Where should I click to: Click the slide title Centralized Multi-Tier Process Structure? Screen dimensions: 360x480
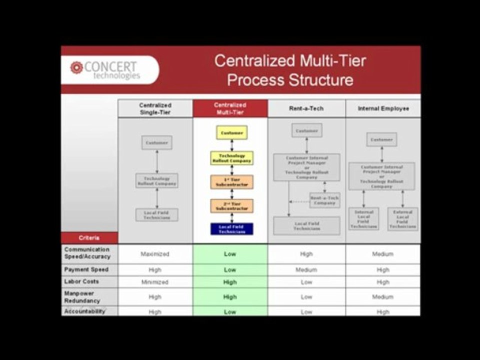coord(290,70)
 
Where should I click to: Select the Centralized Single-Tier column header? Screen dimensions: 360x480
coord(155,108)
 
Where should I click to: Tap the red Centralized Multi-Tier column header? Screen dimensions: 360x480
coord(230,108)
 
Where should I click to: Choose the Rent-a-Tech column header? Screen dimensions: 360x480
coord(306,108)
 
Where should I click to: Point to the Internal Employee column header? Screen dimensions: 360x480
coord(383,108)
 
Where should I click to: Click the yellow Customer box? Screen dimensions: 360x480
coord(231,133)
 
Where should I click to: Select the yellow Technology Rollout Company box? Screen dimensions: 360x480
coord(231,158)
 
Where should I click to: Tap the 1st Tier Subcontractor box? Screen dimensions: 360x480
coord(231,182)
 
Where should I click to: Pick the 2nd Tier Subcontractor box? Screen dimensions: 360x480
coord(231,205)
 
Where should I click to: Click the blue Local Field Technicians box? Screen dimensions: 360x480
coord(231,229)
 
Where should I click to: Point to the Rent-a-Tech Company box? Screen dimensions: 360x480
coord(324,200)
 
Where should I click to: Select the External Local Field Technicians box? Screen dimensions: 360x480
coord(402,219)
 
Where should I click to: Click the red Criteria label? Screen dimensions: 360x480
coord(89,237)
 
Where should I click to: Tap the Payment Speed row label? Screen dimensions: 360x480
coord(86,269)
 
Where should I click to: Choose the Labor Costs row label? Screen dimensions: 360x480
coord(81,281)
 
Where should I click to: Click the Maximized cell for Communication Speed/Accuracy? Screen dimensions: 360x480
coord(155,254)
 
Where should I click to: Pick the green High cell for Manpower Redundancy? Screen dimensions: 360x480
coord(230,297)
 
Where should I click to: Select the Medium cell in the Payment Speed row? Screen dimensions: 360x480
coord(306,270)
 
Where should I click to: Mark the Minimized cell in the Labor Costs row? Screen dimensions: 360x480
coord(155,282)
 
